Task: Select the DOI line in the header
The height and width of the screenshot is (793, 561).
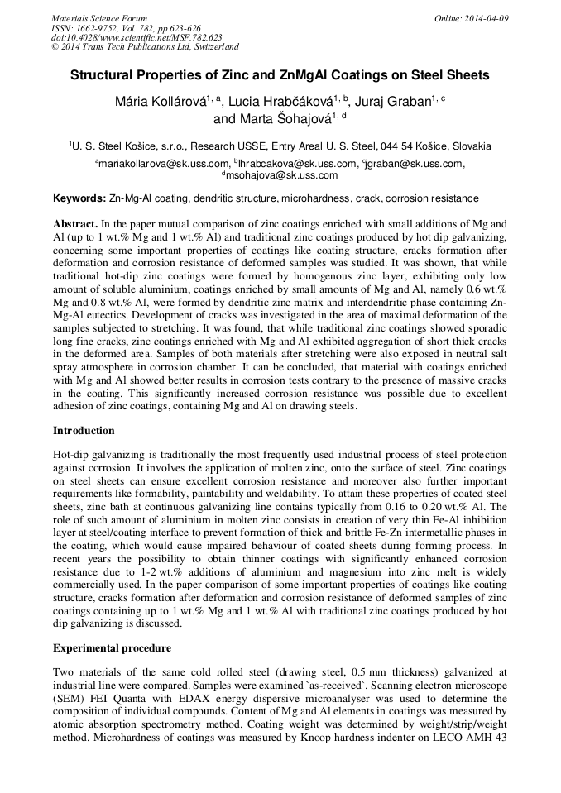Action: click(x=137, y=37)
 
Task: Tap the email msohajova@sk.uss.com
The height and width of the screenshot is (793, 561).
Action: click(x=282, y=175)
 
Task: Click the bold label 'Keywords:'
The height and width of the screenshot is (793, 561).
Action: click(x=79, y=199)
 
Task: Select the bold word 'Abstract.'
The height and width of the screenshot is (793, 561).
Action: click(x=76, y=224)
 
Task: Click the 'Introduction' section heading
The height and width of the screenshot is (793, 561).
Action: click(x=84, y=431)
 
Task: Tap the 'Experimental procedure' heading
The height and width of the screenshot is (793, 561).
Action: click(x=112, y=647)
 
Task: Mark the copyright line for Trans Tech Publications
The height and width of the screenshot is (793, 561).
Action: click(x=145, y=47)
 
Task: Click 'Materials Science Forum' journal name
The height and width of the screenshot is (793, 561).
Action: click(x=99, y=18)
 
